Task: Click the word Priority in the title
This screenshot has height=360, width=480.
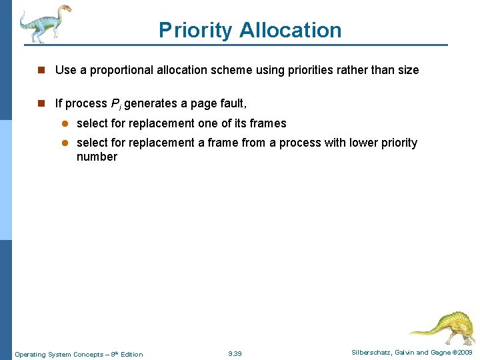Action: (195, 31)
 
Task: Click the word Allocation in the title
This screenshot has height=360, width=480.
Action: (290, 31)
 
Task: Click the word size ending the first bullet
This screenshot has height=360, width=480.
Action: (407, 70)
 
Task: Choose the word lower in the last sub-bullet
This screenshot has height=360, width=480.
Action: (345, 143)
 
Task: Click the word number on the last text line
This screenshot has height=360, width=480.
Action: (97, 157)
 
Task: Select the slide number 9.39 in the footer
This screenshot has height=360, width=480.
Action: (235, 353)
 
